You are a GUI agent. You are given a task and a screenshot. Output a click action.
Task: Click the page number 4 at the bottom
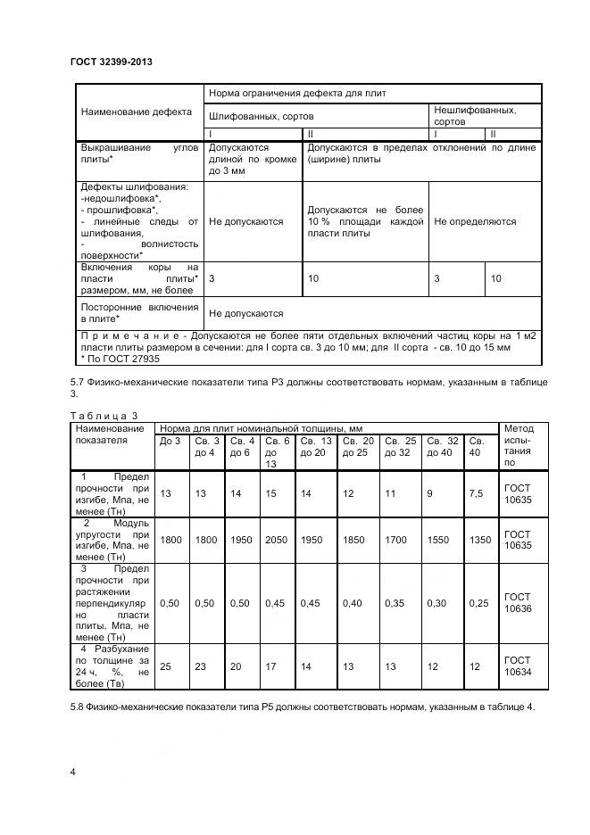pyautogui.click(x=72, y=770)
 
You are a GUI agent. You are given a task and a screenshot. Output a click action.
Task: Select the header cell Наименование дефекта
pyautogui.click(x=137, y=113)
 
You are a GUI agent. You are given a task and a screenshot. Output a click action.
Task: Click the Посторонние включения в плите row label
pyautogui.click(x=139, y=313)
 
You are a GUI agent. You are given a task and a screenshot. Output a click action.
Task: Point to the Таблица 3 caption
pyautogui.click(x=104, y=415)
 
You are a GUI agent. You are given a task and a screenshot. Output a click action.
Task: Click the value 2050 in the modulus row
pyautogui.click(x=277, y=540)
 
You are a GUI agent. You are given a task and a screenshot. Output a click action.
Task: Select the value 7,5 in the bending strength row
pyautogui.click(x=478, y=493)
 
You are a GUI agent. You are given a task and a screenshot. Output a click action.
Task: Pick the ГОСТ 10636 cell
pyautogui.click(x=517, y=603)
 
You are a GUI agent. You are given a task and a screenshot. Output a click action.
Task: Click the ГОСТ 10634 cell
pyautogui.click(x=517, y=666)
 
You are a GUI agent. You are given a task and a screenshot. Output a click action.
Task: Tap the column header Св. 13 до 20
pyautogui.click(x=316, y=446)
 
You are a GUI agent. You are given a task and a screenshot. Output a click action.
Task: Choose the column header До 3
pyautogui.click(x=170, y=441)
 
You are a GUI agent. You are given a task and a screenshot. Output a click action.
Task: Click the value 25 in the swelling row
pyautogui.click(x=165, y=666)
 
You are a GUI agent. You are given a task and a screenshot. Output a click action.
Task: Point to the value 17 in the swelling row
pyautogui.click(x=270, y=666)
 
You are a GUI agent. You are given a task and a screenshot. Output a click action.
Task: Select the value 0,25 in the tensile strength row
pyautogui.click(x=479, y=603)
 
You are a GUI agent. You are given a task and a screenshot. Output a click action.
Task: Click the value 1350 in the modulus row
pyautogui.click(x=480, y=540)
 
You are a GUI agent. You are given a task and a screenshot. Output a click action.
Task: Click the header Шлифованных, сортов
pyautogui.click(x=261, y=116)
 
